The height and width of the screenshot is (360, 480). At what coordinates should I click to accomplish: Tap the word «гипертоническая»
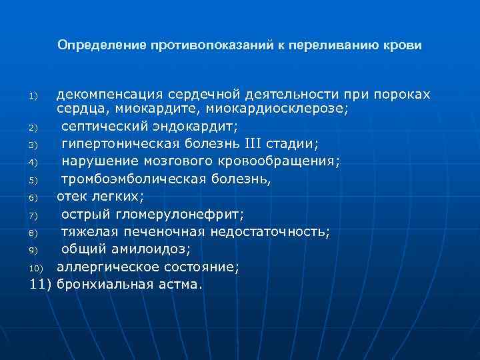coord(113,143)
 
